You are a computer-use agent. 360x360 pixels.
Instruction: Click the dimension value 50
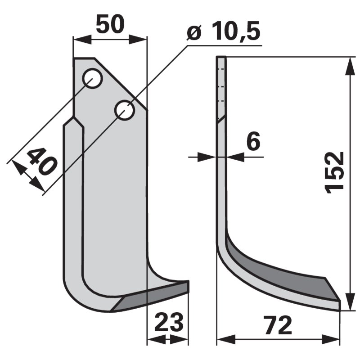pos(110,24)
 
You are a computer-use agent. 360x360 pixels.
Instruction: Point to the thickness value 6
pos(253,141)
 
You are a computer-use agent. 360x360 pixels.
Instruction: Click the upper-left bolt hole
pos(92,78)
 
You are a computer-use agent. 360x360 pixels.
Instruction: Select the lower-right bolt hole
pos(125,110)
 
